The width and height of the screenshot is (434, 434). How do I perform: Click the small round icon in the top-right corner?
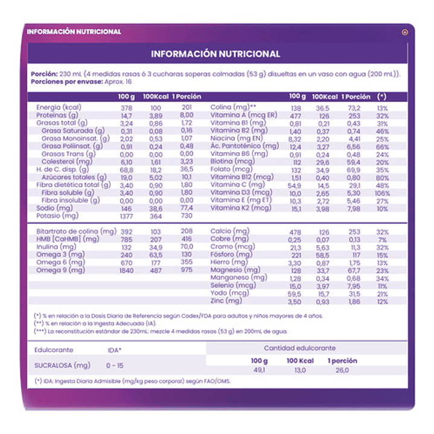pos(404,32)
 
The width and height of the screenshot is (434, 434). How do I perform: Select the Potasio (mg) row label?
pos(57,215)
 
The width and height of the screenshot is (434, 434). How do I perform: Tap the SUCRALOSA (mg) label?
pos(63,365)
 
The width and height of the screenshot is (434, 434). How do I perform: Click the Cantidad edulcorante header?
pos(300,348)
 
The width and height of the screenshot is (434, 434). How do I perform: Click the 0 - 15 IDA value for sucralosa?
pos(115,365)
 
